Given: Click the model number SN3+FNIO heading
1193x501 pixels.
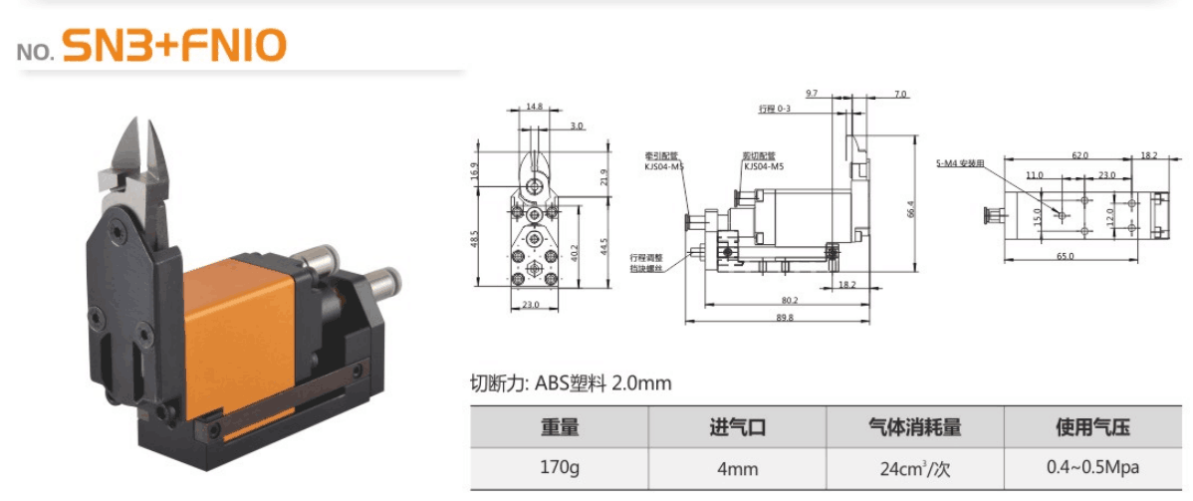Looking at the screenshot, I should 174,46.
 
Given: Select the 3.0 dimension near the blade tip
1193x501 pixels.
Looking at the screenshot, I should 578,126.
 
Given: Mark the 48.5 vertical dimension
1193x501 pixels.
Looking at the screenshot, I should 475,240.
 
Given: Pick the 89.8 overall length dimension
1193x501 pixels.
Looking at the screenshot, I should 784,318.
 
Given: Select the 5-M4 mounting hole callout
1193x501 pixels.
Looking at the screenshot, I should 960,162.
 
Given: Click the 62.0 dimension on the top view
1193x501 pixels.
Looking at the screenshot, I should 1079,155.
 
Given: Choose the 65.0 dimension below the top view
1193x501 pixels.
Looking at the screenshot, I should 1065,256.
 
